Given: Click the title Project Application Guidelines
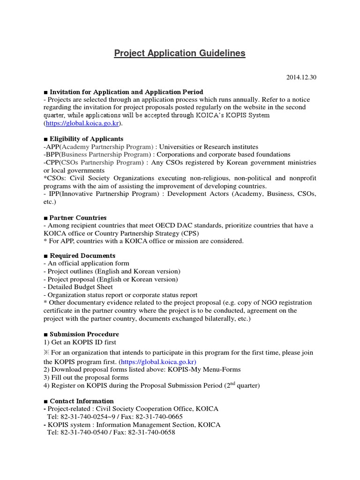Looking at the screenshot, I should pos(180,53).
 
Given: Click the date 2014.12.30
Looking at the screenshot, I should pos(301,77).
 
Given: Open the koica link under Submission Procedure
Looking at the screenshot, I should pos(158,362).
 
